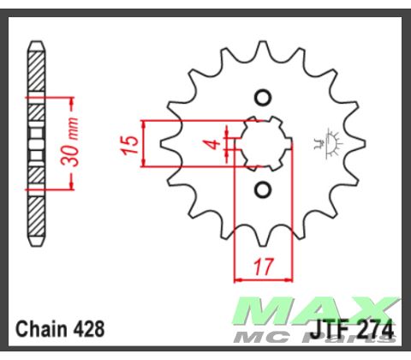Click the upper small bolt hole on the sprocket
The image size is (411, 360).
(x=263, y=96)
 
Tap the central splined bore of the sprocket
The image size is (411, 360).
(x=263, y=142)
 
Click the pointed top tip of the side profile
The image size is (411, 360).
(x=35, y=42)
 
